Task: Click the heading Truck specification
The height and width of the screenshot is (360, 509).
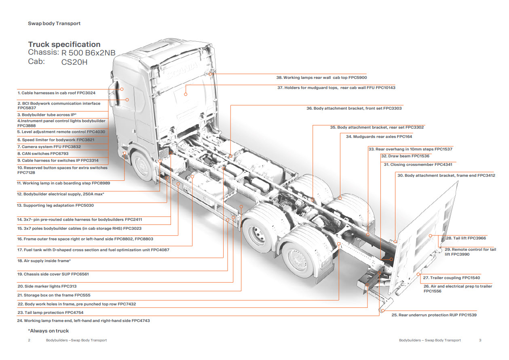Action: click(64, 44)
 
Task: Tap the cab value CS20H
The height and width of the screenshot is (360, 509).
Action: click(74, 62)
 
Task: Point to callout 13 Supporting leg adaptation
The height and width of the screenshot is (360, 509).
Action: click(58, 205)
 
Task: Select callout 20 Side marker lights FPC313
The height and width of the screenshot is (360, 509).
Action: click(50, 286)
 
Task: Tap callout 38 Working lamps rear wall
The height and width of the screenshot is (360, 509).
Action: click(321, 77)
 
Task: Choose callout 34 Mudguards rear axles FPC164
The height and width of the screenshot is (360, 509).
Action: click(379, 137)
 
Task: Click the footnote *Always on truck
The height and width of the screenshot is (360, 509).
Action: click(49, 331)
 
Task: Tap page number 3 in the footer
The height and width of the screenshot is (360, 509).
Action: click(480, 340)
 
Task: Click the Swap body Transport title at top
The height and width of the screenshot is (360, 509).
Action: click(54, 23)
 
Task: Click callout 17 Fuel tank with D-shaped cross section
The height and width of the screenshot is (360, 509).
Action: click(93, 250)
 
